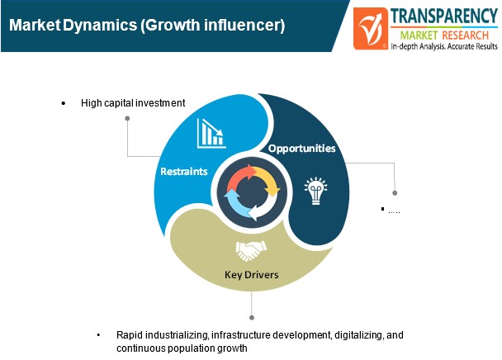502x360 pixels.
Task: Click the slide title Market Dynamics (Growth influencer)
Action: [x=147, y=25]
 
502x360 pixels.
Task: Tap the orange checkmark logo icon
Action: [x=371, y=29]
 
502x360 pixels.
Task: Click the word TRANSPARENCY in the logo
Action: [x=444, y=16]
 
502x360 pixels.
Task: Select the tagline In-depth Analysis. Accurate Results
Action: [x=444, y=46]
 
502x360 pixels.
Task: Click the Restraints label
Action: [x=184, y=172]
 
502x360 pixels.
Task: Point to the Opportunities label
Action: [x=301, y=149]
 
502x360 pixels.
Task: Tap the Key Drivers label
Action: [x=251, y=274]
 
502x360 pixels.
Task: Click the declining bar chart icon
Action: [x=211, y=134]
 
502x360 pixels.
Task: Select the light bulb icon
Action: [x=316, y=191]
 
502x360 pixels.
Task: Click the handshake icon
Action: [x=251, y=251]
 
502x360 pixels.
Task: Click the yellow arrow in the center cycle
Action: [x=268, y=180]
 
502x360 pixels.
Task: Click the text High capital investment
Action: [x=133, y=103]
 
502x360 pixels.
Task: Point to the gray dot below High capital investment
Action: [x=127, y=119]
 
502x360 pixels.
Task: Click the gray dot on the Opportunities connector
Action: [x=395, y=193]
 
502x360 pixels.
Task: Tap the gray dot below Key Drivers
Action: [x=252, y=317]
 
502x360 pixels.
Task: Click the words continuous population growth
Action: [x=182, y=348]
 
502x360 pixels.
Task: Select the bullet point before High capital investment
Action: [x=64, y=103]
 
